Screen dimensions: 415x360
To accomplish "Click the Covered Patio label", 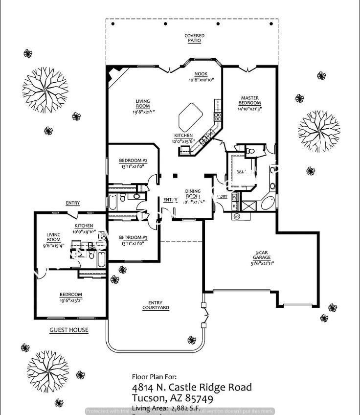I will pos(194,38).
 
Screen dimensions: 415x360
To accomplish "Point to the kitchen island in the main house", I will pos(191,117).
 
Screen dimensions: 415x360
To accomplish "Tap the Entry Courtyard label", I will pos(156,305).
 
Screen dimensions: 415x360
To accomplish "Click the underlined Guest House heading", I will pos(69,330).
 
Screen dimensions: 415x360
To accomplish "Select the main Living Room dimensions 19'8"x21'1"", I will pos(143,112).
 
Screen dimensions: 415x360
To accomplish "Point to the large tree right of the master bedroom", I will pos(318,131).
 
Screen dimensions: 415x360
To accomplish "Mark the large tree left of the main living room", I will pos(45,90).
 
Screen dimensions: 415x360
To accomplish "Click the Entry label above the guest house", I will pos(73,203).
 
